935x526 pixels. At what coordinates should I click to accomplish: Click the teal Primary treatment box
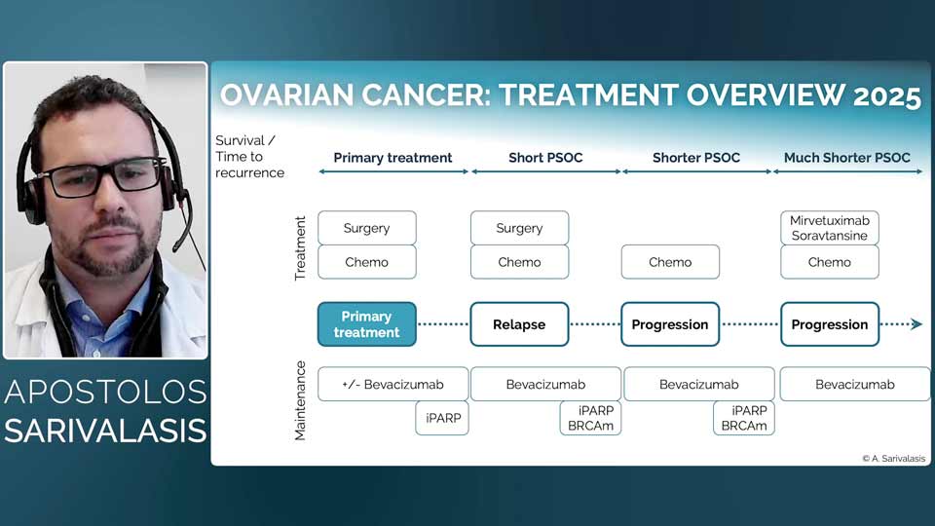pos(366,324)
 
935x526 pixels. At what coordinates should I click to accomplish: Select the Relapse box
pos(519,324)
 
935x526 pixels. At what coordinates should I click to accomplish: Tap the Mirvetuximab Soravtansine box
pos(830,228)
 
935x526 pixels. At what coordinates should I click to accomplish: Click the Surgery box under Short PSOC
pos(519,228)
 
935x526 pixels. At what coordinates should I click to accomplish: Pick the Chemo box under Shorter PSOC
pos(670,262)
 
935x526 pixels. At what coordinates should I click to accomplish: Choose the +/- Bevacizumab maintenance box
pos(393,384)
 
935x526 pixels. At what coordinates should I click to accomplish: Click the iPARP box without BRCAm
pos(441,418)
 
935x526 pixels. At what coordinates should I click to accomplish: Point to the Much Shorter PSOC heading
pos(847,157)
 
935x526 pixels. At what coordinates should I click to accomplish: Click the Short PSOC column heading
pos(545,157)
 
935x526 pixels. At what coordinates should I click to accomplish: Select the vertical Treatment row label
pos(300,248)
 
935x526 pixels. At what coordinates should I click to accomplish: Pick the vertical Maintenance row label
pos(300,400)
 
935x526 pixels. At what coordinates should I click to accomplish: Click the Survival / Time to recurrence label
pos(249,157)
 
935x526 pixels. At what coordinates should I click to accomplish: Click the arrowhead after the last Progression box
pos(916,324)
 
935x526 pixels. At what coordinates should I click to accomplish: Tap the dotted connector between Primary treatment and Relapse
pos(443,324)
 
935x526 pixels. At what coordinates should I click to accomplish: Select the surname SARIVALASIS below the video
pos(105,431)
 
